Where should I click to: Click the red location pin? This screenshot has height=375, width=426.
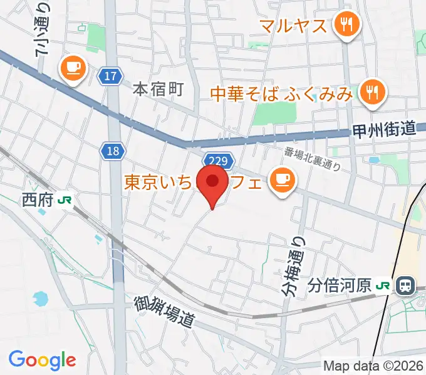(x=212, y=182)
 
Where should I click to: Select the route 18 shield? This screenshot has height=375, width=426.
(x=113, y=151)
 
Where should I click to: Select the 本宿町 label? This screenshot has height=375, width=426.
(x=158, y=89)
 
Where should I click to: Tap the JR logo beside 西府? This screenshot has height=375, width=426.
(x=63, y=200)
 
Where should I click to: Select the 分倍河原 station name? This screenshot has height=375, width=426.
(x=340, y=286)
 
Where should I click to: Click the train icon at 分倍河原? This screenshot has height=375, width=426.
(x=405, y=286)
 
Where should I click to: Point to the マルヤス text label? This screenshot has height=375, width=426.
(x=293, y=26)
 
